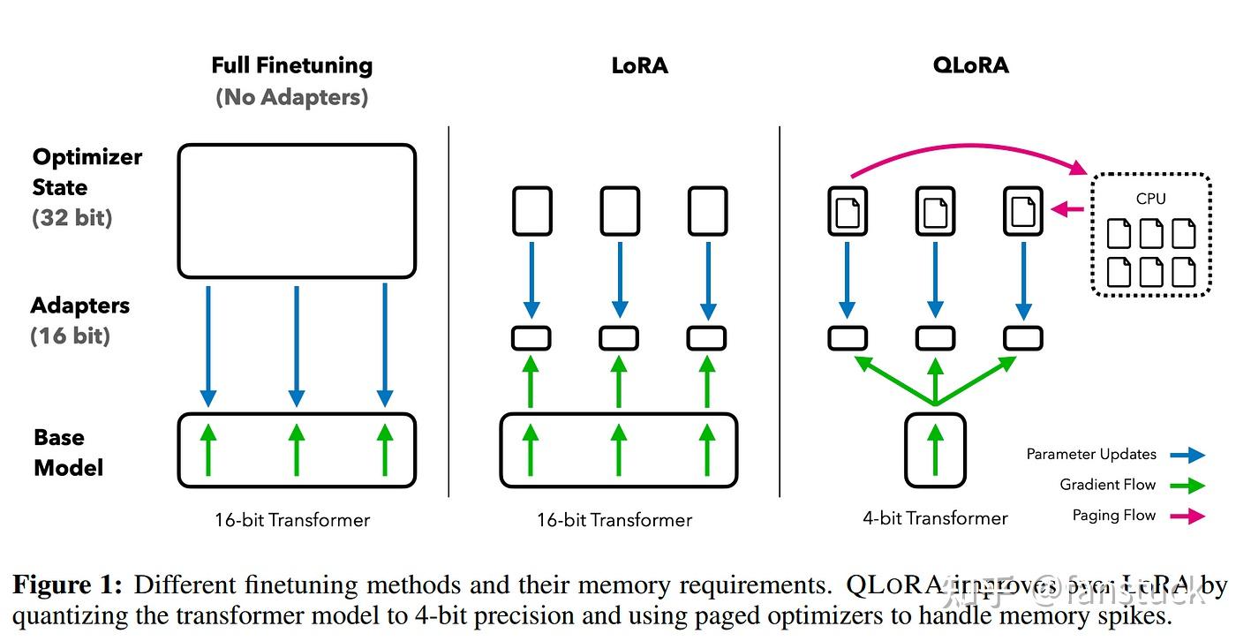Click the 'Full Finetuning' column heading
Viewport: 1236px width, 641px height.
tap(291, 65)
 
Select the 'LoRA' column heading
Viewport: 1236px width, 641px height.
tap(639, 65)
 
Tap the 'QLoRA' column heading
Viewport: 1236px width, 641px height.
tap(970, 65)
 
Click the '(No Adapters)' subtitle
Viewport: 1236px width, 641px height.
tap(291, 96)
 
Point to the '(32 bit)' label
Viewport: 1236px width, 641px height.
tap(72, 217)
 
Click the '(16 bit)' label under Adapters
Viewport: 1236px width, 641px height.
tap(71, 336)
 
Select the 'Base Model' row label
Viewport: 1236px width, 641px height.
tap(68, 452)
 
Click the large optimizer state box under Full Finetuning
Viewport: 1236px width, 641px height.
tap(297, 211)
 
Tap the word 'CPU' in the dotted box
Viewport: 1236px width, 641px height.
tap(1150, 199)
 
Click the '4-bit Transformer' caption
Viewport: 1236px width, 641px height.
tap(935, 518)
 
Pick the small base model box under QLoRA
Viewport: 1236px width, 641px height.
tap(935, 450)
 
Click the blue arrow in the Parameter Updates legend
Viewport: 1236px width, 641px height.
tap(1187, 456)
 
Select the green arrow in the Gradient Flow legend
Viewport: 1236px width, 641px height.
tap(1187, 486)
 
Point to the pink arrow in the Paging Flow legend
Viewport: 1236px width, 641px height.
tap(1187, 517)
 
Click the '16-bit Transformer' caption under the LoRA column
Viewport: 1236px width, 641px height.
tap(614, 520)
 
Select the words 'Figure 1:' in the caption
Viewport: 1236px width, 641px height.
tap(67, 585)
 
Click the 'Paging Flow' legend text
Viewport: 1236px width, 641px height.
tap(1114, 516)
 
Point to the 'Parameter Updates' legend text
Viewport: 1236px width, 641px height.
tap(1091, 455)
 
